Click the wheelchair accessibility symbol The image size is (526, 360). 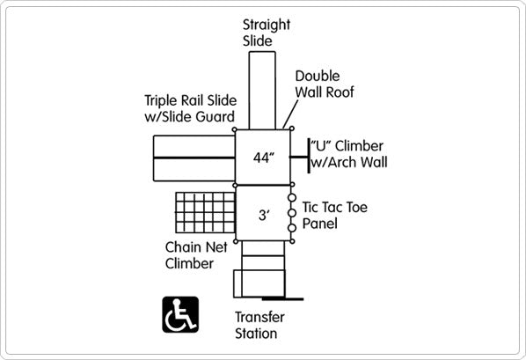pyautogui.click(x=180, y=314)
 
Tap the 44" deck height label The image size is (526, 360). pyautogui.click(x=264, y=158)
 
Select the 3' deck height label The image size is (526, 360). pyautogui.click(x=264, y=215)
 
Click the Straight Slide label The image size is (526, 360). pyautogui.click(x=267, y=33)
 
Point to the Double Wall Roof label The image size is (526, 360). pyautogui.click(x=325, y=84)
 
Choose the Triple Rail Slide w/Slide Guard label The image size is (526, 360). pyautogui.click(x=191, y=108)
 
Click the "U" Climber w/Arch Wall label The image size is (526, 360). pyautogui.click(x=349, y=154)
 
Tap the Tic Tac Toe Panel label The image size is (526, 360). pyautogui.click(x=335, y=216)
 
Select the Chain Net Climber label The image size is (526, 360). pyautogui.click(x=196, y=255)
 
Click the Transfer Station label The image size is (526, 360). pyautogui.click(x=259, y=325)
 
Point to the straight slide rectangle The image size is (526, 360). pyautogui.click(x=262, y=91)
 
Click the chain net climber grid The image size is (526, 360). pyautogui.click(x=205, y=213)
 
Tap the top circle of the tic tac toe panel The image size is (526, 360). pyautogui.click(x=292, y=198)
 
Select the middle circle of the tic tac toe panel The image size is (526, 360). pyautogui.click(x=292, y=213)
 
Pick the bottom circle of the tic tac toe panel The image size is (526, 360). pyautogui.click(x=292, y=228)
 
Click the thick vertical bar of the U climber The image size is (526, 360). pyautogui.click(x=309, y=156)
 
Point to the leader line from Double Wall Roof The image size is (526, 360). pyautogui.click(x=290, y=114)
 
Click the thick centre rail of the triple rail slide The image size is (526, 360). pyautogui.click(x=194, y=158)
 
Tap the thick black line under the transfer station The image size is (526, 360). pyautogui.click(x=283, y=298)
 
